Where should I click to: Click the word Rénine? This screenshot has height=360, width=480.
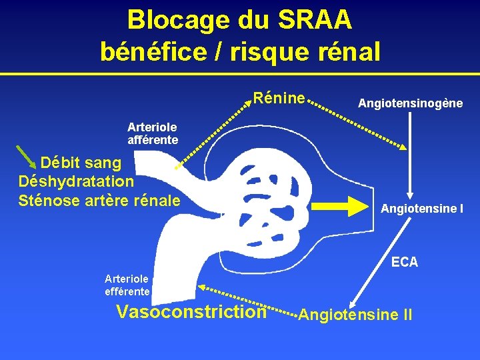point(279,99)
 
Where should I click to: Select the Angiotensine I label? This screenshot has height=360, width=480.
point(422,209)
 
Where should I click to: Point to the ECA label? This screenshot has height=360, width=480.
point(405,262)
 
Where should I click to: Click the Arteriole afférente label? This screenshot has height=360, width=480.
point(153,133)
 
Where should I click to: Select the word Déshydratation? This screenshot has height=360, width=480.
point(77,181)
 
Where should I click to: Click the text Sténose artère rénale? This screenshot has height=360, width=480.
point(100,199)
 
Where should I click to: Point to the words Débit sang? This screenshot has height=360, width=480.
point(81,163)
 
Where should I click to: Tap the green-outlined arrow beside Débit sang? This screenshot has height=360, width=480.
point(27,157)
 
